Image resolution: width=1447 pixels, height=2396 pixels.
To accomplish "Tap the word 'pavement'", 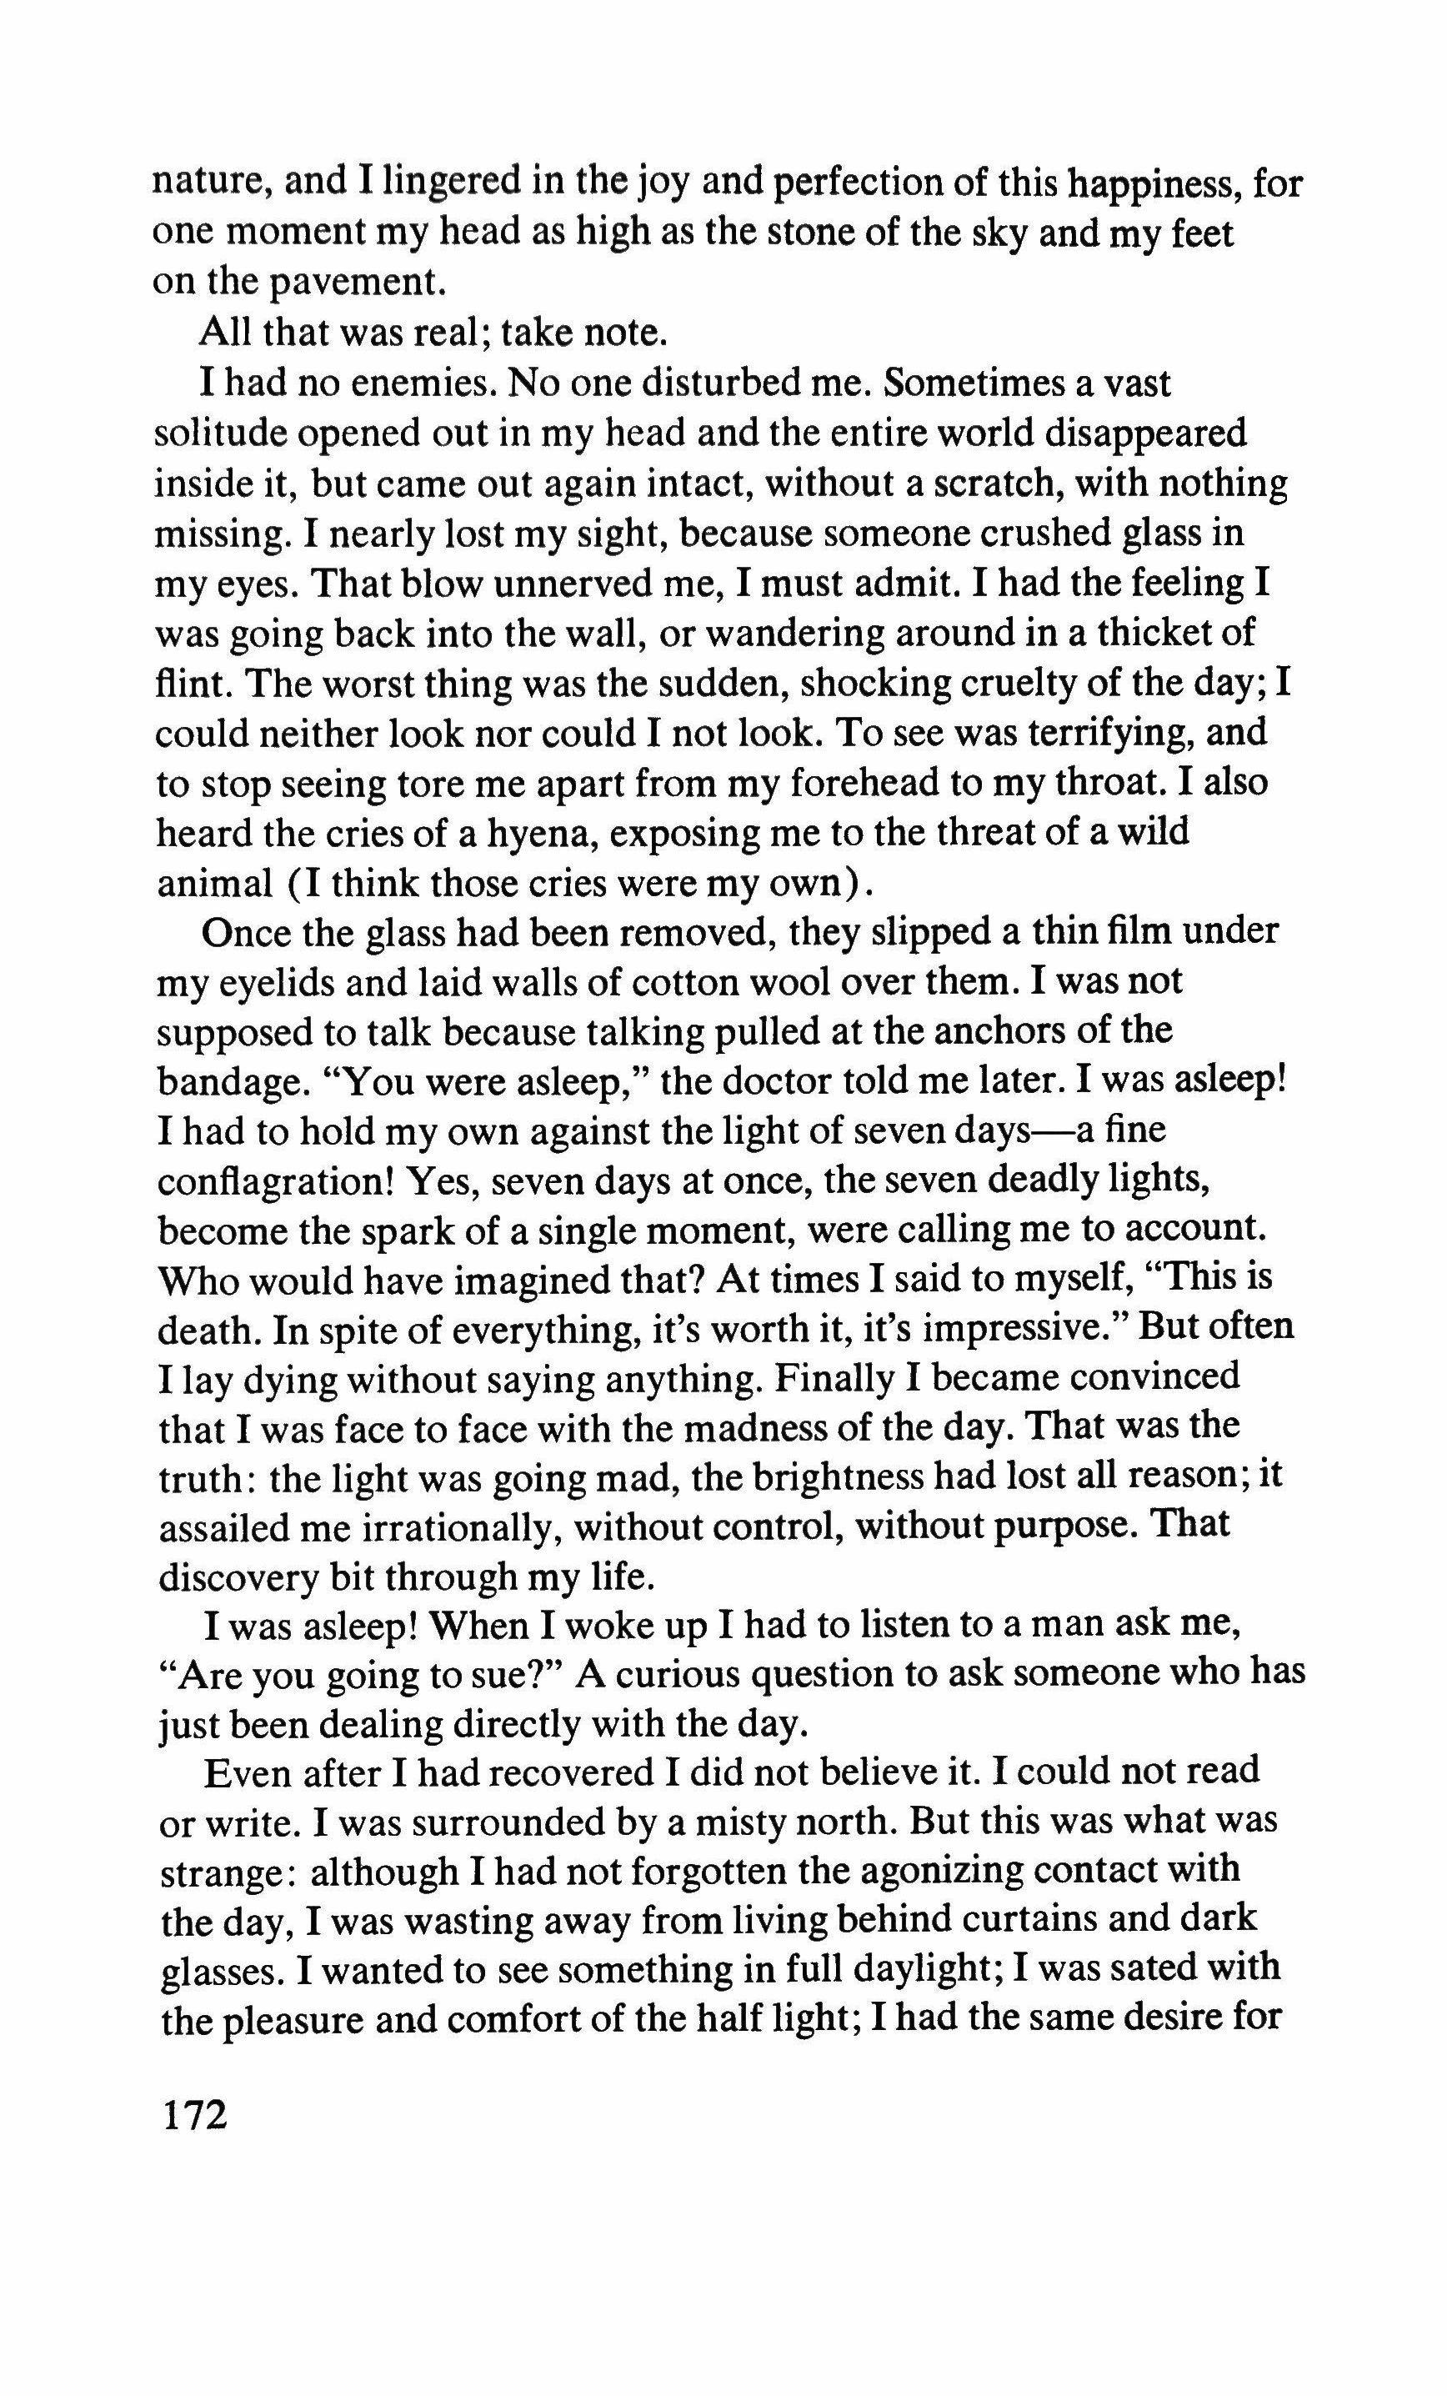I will pos(348,283).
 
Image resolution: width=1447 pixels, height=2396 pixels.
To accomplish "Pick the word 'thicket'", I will pos(1147,633).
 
